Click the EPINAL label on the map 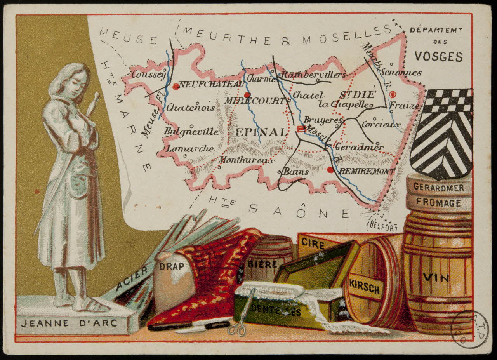[x=261, y=132]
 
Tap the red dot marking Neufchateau [x=176, y=87]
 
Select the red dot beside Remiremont [x=330, y=170]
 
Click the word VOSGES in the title [x=438, y=57]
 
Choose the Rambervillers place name [x=313, y=75]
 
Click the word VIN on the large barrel [x=436, y=277]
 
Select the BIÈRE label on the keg [x=262, y=264]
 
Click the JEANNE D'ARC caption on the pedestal [x=69, y=323]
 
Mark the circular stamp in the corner [x=469, y=329]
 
